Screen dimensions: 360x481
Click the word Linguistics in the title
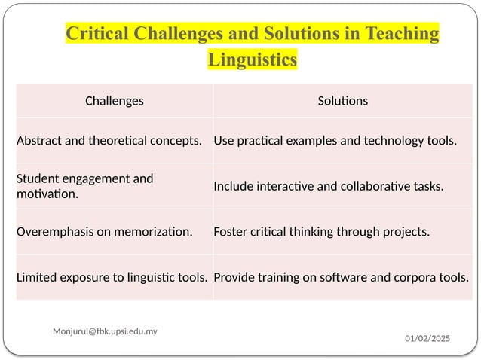tap(252, 59)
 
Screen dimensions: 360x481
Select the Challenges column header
tap(114, 100)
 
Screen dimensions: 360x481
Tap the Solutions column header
tap(342, 100)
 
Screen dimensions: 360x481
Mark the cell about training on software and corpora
tap(341, 276)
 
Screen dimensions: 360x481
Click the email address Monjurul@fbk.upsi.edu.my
tap(105, 331)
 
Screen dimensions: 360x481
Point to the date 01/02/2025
tap(427, 340)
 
